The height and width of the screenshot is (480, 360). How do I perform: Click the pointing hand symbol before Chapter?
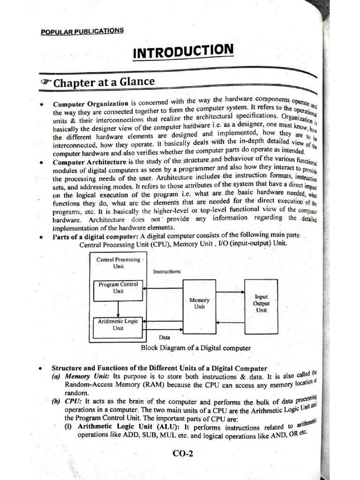[46, 83]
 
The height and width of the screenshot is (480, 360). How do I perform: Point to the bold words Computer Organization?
[90, 104]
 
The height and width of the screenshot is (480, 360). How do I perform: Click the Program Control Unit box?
[118, 291]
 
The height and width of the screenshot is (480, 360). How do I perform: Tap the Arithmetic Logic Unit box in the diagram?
[118, 327]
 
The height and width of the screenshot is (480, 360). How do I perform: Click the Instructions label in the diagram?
[166, 271]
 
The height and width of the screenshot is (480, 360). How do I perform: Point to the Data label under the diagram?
[164, 337]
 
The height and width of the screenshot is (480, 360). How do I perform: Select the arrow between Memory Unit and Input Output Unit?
[230, 298]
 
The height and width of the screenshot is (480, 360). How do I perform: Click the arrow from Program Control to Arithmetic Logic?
[118, 309]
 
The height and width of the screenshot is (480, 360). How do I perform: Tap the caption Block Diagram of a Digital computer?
[195, 348]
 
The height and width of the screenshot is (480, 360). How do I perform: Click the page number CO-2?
[183, 453]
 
